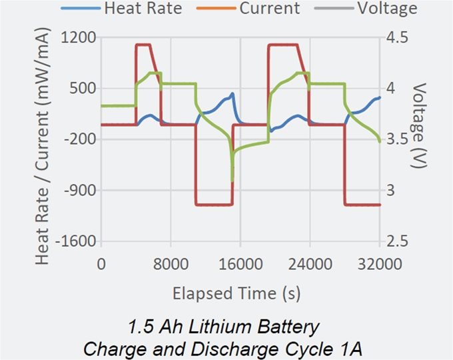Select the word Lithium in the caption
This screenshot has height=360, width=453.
click(x=217, y=327)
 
